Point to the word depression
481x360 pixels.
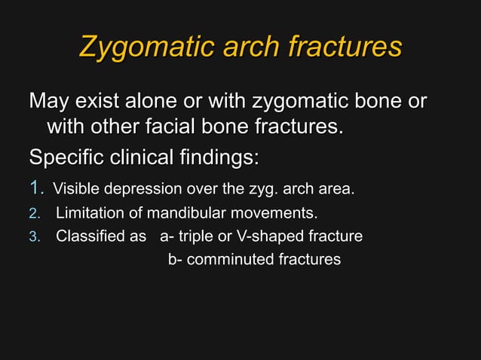[143, 188]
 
